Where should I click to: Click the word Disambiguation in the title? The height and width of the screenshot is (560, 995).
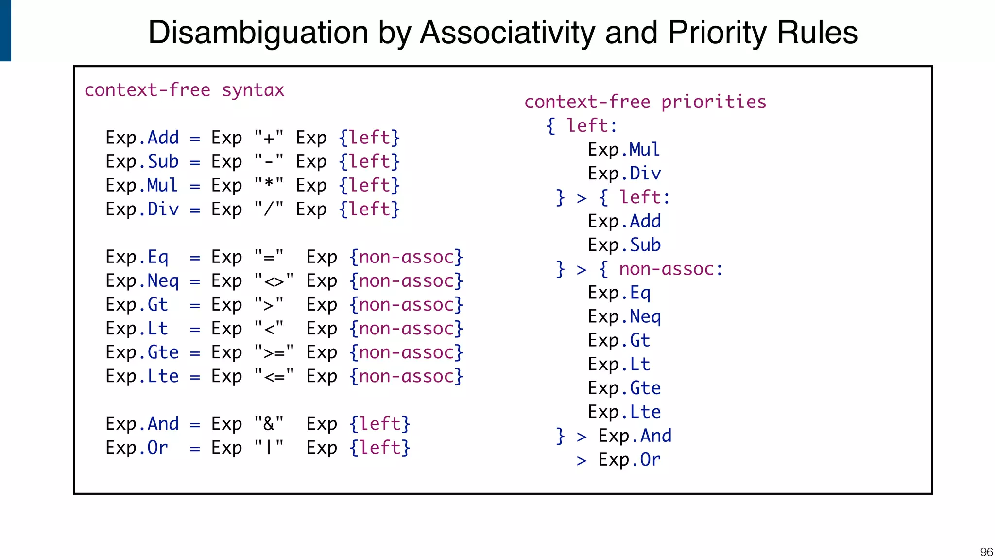tap(258, 33)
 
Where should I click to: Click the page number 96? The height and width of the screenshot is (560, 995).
tap(986, 552)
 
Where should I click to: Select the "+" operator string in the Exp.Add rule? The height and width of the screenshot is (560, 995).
tap(269, 138)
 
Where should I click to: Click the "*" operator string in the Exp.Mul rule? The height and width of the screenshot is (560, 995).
tap(269, 186)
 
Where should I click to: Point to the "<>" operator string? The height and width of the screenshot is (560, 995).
tap(274, 281)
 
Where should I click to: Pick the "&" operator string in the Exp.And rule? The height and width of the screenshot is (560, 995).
tap(269, 424)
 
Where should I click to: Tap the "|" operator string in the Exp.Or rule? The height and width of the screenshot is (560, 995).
tap(269, 448)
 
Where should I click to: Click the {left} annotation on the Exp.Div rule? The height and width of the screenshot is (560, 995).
tap(369, 210)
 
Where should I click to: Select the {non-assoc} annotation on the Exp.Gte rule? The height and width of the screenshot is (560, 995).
tap(406, 352)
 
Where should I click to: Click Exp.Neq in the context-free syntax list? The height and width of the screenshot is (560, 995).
tap(142, 281)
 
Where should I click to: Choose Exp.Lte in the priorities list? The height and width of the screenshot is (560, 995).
tap(624, 412)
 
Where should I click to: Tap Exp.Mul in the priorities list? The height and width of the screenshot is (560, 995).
tap(624, 150)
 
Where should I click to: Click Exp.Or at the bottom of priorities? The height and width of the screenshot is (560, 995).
tap(629, 460)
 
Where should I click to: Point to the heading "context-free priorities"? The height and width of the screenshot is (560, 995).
tap(645, 102)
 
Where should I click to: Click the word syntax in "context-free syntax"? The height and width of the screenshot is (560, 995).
tap(253, 90)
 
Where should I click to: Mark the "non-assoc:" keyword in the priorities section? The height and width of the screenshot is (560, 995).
tap(671, 269)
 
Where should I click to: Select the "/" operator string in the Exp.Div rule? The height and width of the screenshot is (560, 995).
tap(269, 210)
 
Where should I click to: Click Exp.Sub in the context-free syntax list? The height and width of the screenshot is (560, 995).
tap(142, 162)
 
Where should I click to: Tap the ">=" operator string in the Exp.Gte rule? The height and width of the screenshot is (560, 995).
tap(274, 352)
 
